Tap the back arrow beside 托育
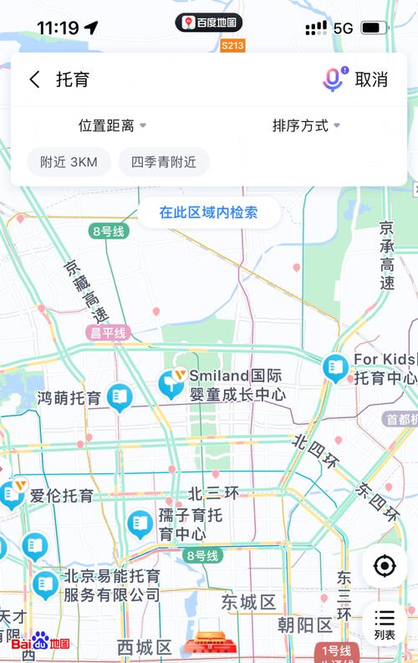[x=34, y=79]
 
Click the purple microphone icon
[x=333, y=79]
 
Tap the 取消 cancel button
[x=371, y=79]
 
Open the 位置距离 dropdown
[x=112, y=125]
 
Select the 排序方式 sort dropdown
[x=306, y=125]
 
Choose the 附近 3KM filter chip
[x=69, y=162]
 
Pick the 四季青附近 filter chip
[x=164, y=162]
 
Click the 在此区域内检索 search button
[x=208, y=212]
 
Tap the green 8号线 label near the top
[x=108, y=230]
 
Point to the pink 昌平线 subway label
[x=108, y=333]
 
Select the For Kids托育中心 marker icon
[x=335, y=367]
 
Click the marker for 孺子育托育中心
[x=140, y=524]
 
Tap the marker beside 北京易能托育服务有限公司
[x=45, y=584]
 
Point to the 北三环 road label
[x=213, y=493]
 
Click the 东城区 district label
[x=248, y=602]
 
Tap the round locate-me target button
[x=385, y=566]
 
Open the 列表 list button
[x=385, y=624]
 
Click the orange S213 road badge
[x=233, y=46]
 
